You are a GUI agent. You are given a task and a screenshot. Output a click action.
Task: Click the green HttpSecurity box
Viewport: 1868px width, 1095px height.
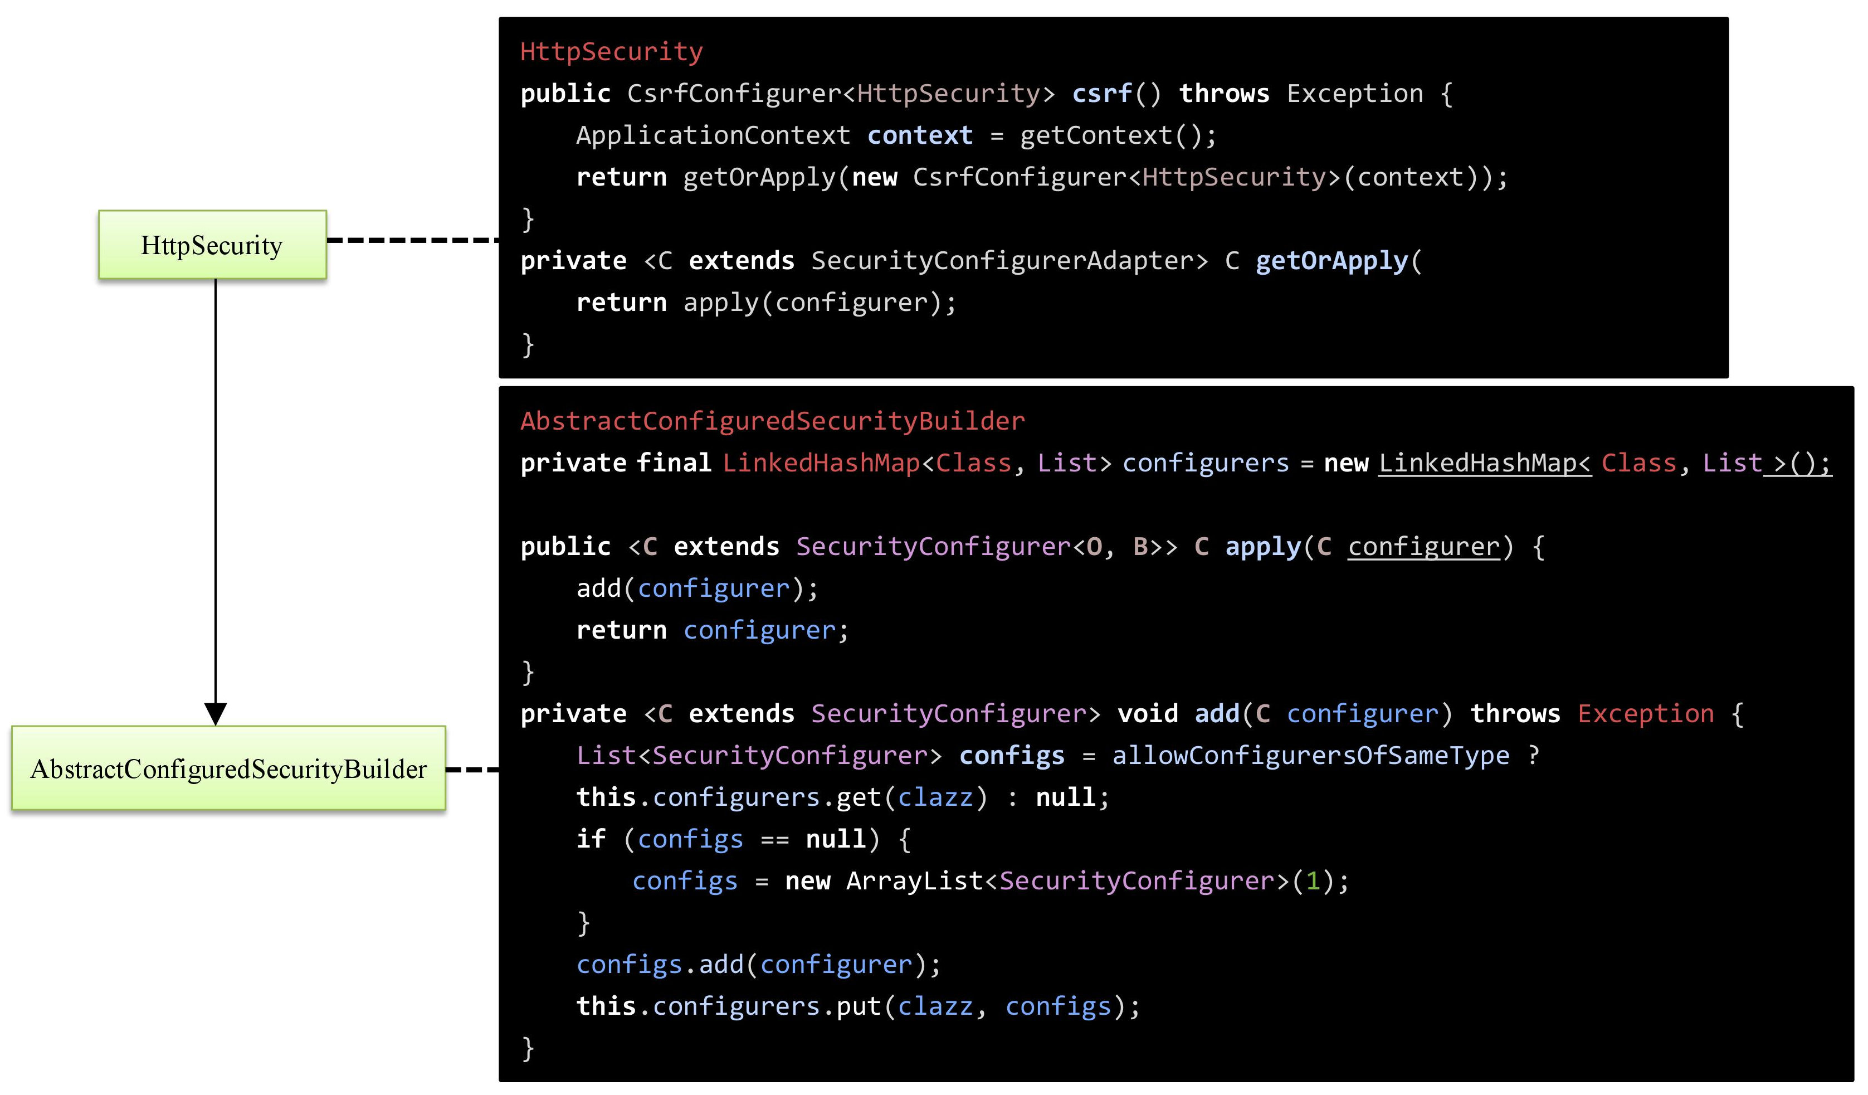(212, 245)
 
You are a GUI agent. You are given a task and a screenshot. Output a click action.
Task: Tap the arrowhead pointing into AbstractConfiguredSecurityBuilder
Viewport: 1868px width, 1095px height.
(215, 713)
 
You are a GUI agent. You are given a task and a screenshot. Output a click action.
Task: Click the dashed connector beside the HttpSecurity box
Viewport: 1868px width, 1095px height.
(412, 240)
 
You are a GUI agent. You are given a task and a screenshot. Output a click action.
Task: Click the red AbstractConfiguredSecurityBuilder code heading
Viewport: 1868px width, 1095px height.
(772, 421)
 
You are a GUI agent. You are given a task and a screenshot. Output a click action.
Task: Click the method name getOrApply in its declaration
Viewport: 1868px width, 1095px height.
(1332, 261)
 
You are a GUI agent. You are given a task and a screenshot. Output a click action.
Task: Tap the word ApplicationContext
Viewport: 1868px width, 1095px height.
(713, 135)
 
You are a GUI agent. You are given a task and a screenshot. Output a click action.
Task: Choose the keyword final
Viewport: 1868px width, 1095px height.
(673, 463)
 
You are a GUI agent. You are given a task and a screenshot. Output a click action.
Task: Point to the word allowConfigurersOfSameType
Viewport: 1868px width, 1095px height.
(1310, 756)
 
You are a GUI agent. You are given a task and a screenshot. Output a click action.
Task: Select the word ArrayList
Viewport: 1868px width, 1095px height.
(914, 881)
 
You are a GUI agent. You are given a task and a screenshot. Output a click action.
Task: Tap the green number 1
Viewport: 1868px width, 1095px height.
(1313, 881)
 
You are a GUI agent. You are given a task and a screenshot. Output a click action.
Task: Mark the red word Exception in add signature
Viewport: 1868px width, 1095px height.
(1646, 714)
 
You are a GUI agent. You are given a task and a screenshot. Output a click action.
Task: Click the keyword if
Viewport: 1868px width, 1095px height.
(591, 839)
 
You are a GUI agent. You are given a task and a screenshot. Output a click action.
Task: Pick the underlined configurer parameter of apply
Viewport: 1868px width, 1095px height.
(1423, 547)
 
